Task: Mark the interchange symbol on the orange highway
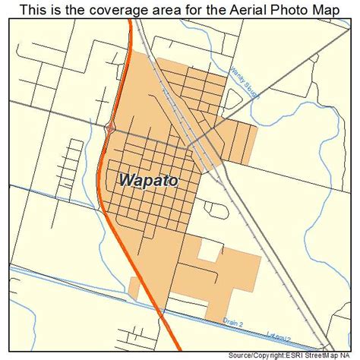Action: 112,129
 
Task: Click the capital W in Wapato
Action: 127,182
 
